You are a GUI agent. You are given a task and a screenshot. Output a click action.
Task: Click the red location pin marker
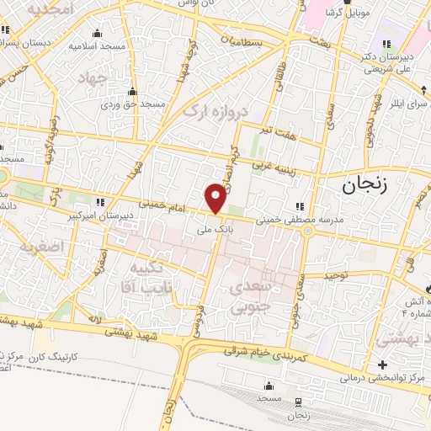tap(215, 198)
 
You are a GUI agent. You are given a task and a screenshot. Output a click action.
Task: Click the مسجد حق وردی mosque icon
tap(131, 92)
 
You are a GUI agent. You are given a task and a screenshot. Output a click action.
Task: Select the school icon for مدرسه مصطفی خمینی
tap(301, 205)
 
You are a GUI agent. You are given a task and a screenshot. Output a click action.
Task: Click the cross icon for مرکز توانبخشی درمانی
tap(384, 365)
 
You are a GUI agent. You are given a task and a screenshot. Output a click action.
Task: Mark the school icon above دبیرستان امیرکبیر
tap(101, 202)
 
